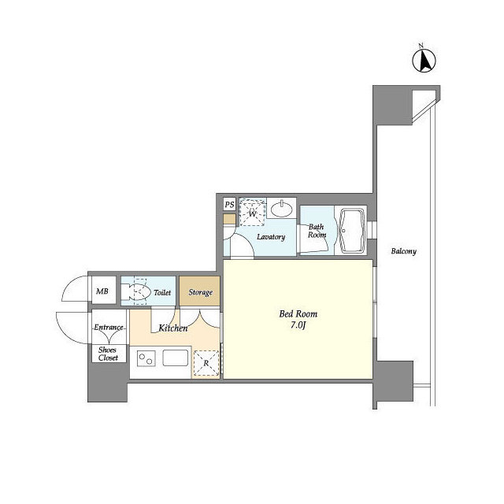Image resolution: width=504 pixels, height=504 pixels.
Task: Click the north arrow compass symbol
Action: tap(424, 60)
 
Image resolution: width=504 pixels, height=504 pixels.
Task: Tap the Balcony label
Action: tap(404, 251)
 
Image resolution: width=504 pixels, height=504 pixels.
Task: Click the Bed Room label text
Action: tap(298, 313)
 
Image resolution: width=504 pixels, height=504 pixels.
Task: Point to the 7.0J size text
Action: tap(298, 325)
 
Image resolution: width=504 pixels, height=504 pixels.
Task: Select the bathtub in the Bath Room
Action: tap(352, 231)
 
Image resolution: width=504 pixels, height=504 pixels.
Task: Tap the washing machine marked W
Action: tap(253, 213)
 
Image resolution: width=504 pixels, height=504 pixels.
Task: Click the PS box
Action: tap(229, 205)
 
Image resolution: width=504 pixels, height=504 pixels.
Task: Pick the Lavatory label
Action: tap(271, 237)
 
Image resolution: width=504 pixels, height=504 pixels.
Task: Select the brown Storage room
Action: tap(199, 291)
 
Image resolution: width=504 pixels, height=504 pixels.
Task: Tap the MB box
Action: tap(103, 291)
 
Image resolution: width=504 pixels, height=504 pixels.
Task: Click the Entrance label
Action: tap(109, 328)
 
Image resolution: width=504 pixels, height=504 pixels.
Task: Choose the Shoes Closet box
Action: tap(109, 354)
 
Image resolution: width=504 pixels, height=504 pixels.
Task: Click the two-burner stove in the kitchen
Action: tap(146, 359)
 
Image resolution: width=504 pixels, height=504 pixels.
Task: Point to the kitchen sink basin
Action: tap(175, 358)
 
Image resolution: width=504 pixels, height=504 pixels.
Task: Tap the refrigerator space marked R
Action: tap(206, 363)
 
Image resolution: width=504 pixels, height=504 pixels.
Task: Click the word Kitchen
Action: tap(173, 328)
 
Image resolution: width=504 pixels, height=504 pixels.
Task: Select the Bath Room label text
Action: tap(317, 231)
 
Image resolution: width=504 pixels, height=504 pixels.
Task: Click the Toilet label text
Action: tap(162, 292)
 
